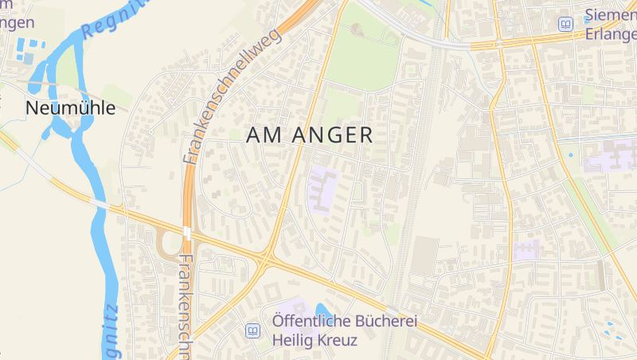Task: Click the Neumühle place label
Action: coord(70,108)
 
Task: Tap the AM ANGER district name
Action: coord(309,135)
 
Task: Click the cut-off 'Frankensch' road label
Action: coord(187,307)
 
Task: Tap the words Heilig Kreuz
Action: coord(315,340)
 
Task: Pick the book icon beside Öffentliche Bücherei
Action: coord(253,330)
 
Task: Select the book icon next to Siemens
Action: coord(565,25)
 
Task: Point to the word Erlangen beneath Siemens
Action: coord(610,34)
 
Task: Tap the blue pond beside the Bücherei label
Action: coord(322,310)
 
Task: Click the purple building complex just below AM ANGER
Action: coord(322,190)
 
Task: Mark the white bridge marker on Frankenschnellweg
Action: coord(186,232)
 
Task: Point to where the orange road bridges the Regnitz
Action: coord(102,205)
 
